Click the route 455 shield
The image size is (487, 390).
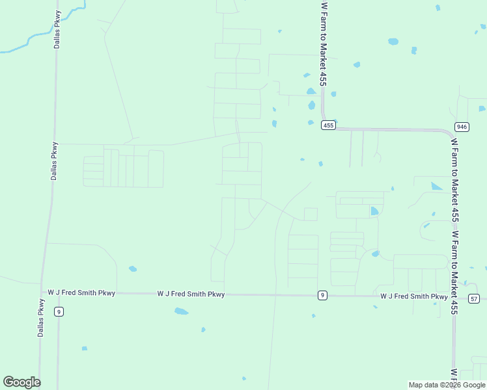328,125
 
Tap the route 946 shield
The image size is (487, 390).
462,127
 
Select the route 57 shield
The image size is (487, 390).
474,298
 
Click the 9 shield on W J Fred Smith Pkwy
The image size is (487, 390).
322,296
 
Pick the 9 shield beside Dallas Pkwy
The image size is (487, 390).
59,312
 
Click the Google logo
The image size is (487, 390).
21,382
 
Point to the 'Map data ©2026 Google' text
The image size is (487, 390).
447,385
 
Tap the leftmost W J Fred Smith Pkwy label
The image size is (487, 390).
81,293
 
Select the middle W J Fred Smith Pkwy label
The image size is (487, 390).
191,294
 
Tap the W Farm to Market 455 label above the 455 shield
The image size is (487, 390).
323,44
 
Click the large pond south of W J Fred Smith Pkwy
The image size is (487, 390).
181,311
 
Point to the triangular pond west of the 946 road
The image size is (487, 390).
436,187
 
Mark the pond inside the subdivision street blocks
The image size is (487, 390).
374,211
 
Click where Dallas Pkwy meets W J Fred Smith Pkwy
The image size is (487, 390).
44,292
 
